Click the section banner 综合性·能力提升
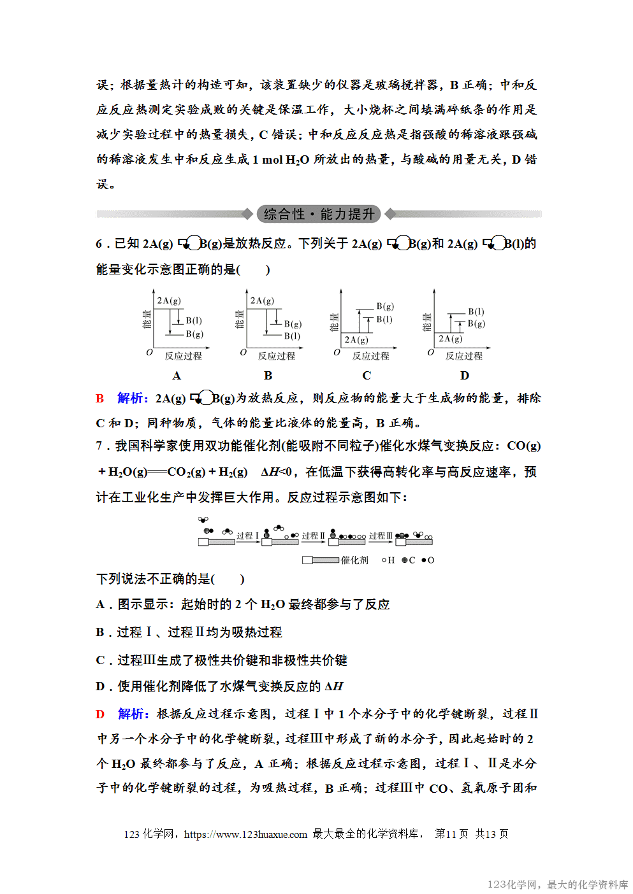[319, 214]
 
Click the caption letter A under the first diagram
[177, 376]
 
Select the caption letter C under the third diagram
[367, 376]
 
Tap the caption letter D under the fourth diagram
[465, 376]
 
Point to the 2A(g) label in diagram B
[262, 301]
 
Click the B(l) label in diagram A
[194, 321]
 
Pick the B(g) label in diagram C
[385, 306]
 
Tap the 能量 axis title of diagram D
[427, 322]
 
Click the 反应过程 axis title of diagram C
[371, 356]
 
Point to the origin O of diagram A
[150, 352]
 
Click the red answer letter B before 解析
[100, 399]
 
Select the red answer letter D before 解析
[100, 714]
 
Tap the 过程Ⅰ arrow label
[248, 536]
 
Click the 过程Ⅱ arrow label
[314, 536]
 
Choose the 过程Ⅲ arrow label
[381, 536]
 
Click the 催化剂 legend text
[354, 560]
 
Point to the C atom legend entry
[409, 560]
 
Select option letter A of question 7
[100, 604]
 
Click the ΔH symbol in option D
[334, 686]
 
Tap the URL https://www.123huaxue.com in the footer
[245, 834]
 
